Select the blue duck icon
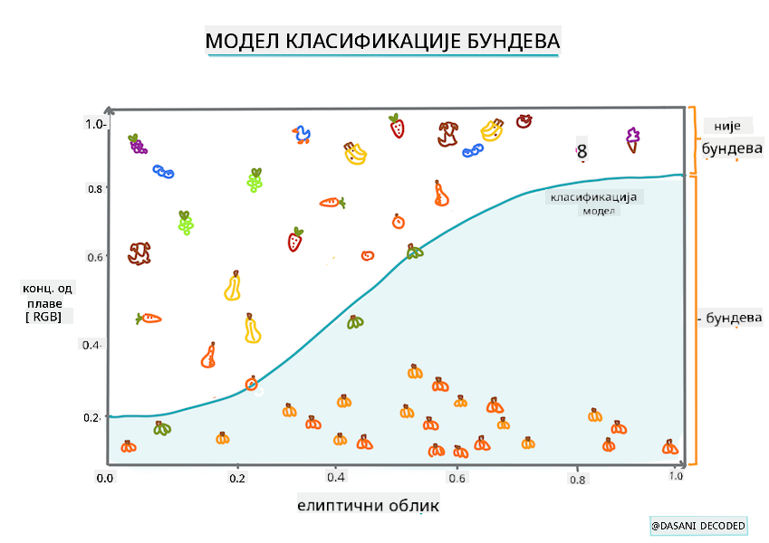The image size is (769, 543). click(302, 136)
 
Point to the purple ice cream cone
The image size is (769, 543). click(631, 138)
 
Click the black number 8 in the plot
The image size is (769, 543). click(582, 152)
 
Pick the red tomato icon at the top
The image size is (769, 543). click(524, 120)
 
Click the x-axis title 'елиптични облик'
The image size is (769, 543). click(368, 504)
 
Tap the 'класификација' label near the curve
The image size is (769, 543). click(594, 196)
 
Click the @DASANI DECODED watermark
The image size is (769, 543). click(697, 526)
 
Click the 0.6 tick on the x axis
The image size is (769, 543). click(457, 478)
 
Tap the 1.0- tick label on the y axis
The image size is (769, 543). click(96, 123)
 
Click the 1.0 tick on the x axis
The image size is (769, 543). click(676, 476)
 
